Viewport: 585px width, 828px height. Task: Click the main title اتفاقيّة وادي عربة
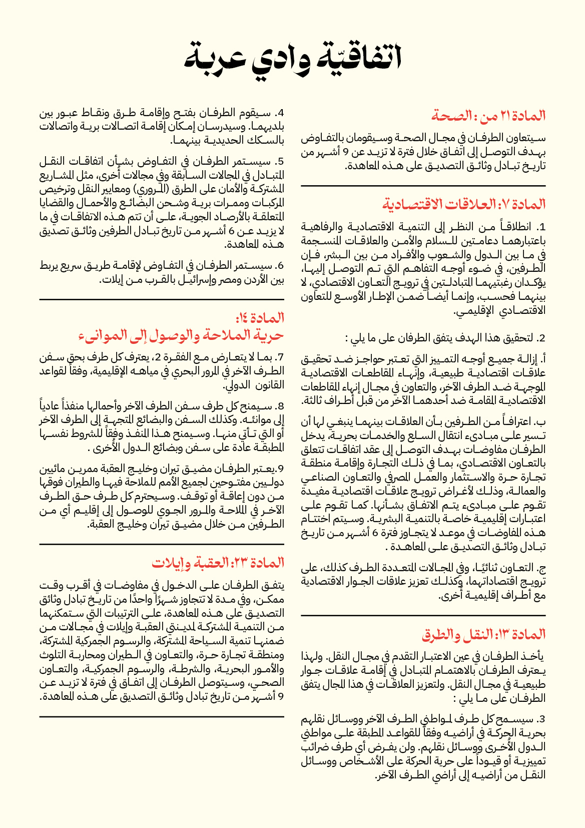[x=293, y=58]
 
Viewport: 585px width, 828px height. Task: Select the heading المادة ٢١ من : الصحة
[x=488, y=116]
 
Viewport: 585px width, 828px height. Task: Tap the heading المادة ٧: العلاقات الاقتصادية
[x=464, y=204]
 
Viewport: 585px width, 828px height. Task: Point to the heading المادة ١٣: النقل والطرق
[x=483, y=635]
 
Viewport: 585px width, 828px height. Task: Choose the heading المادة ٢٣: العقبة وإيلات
[x=218, y=563]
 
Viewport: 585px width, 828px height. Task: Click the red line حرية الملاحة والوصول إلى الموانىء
[x=181, y=336]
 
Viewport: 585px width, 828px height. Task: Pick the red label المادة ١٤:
[x=260, y=318]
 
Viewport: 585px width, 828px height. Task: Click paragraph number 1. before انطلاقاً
[x=541, y=226]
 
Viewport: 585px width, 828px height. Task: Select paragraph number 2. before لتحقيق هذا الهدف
[x=541, y=338]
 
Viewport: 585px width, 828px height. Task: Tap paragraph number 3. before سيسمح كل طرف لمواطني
[x=541, y=719]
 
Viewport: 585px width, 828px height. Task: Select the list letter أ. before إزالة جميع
[x=542, y=359]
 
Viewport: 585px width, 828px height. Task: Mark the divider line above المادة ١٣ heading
[x=423, y=615]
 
